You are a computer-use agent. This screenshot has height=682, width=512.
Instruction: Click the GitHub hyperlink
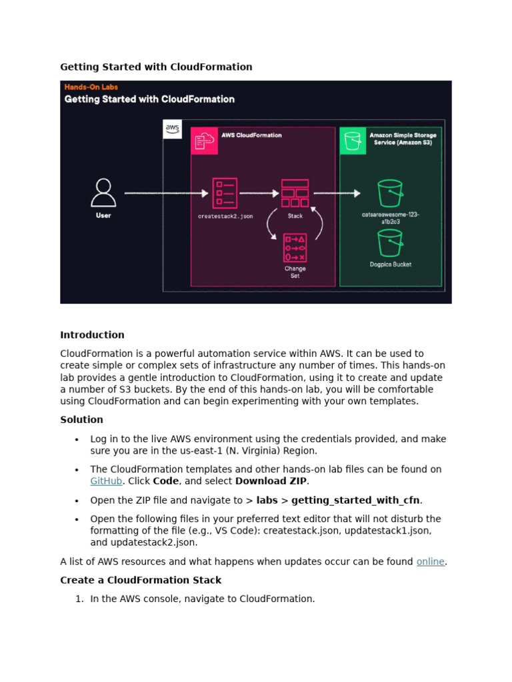pos(106,481)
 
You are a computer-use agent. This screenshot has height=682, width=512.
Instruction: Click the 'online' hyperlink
pos(430,561)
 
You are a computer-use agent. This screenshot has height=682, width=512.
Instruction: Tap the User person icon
pos(103,192)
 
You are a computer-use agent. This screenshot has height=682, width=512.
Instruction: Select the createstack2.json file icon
pos(225,192)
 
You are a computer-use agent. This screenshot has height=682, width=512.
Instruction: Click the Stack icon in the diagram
pos(295,193)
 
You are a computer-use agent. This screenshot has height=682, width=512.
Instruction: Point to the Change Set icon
pos(295,247)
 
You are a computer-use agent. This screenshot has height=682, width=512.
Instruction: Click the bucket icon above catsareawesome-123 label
pos(390,193)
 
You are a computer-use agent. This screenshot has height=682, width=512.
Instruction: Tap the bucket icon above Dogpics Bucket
pos(390,242)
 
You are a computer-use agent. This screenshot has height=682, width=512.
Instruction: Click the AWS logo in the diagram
pos(172,129)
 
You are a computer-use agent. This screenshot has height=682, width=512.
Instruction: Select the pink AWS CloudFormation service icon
pos(204,141)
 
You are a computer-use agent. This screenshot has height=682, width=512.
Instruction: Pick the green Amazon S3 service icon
pos(353,141)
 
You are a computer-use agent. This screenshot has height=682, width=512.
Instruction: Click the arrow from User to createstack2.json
pos(166,193)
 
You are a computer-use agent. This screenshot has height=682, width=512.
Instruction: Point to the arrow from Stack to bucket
pos(337,193)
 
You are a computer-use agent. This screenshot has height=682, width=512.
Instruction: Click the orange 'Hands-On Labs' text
pos(91,87)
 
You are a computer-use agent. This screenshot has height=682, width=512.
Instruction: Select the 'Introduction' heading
pos(92,335)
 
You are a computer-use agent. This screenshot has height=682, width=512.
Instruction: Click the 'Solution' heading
pos(81,420)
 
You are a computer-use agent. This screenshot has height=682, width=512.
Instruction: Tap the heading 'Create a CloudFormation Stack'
pos(141,580)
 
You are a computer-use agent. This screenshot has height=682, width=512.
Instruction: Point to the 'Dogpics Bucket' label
pos(391,264)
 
